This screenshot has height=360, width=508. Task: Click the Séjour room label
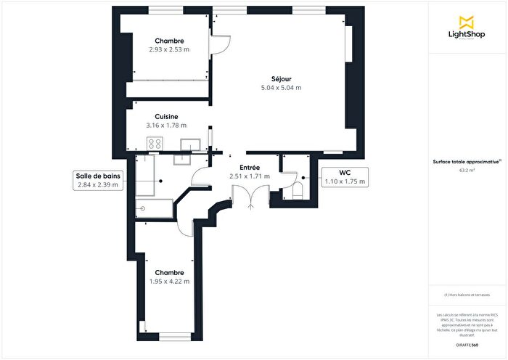coord(281,78)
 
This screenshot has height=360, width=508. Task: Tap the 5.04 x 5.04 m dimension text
coord(281,88)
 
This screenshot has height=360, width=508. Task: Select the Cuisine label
coord(166,116)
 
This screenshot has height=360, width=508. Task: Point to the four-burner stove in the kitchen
coord(155,144)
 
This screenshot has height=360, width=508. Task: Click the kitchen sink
coord(190,144)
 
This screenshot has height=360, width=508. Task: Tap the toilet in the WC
coord(298,190)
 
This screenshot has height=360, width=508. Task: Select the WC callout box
coord(345,176)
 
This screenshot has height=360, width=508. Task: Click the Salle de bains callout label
coord(97,180)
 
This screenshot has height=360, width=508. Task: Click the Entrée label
coord(249,166)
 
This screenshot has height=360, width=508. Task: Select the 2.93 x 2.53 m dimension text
coord(168,50)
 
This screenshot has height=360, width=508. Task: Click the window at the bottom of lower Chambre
coord(174,336)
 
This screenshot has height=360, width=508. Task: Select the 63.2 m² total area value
coord(467,171)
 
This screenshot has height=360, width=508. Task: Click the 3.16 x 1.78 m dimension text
coord(166,126)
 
